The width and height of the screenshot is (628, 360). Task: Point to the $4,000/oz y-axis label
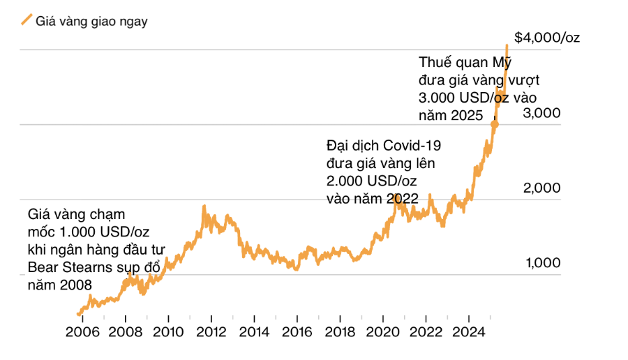coord(546,38)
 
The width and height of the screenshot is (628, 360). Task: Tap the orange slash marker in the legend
coord(27,20)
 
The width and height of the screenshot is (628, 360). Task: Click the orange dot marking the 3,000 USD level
coord(495,124)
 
